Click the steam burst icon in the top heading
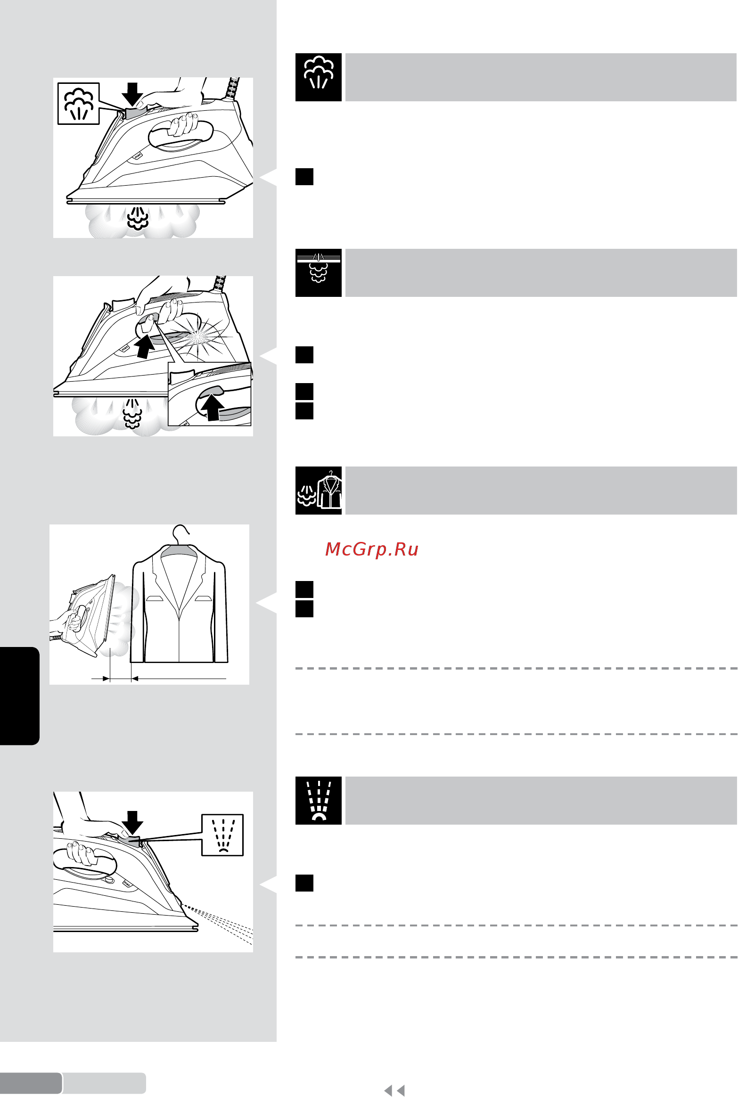(319, 77)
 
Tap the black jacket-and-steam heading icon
(319, 491)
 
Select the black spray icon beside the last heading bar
(319, 801)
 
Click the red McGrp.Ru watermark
(372, 549)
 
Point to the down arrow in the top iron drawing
(132, 94)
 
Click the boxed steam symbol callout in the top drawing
(78, 104)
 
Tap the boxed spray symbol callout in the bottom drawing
(222, 835)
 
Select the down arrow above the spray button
(132, 823)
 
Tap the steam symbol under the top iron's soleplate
(138, 218)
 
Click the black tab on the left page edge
(19, 696)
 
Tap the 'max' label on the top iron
(138, 156)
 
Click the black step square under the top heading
(304, 177)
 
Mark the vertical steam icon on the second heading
(319, 273)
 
